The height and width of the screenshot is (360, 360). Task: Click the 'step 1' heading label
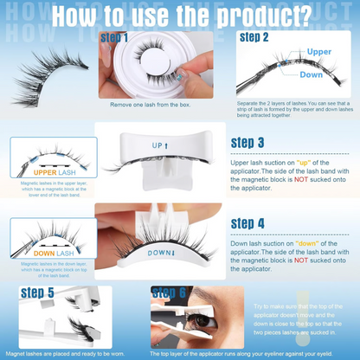[x=115, y=38]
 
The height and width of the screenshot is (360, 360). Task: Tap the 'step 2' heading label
[x=254, y=38]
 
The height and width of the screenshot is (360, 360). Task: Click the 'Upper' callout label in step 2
[x=319, y=53]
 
